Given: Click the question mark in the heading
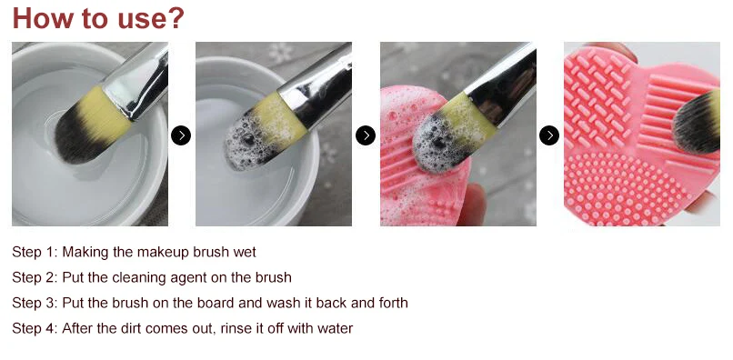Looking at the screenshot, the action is coord(175,18).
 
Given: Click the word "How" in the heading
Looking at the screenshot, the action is coord(43,18).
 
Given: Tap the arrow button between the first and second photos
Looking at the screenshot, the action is coord(181,135).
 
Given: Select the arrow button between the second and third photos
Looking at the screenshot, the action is coord(366,135).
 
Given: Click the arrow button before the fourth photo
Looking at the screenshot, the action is coord(549,135).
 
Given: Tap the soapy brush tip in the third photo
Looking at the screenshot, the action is coord(435,143).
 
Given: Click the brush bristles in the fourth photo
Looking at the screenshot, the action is coord(696,122).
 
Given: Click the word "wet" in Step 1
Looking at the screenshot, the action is coord(245,253).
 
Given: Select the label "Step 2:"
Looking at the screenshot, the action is coord(35,277).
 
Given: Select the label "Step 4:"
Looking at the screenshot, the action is coord(35,328).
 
